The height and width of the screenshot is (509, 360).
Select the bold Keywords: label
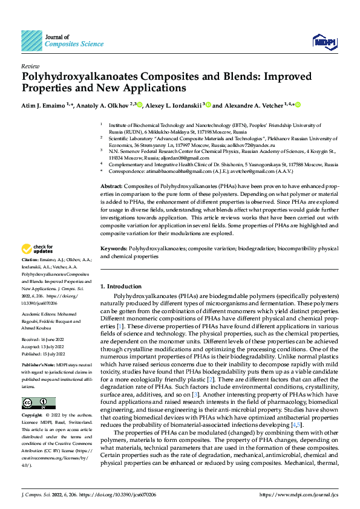113,248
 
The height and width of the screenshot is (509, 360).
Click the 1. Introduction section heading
120,286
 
